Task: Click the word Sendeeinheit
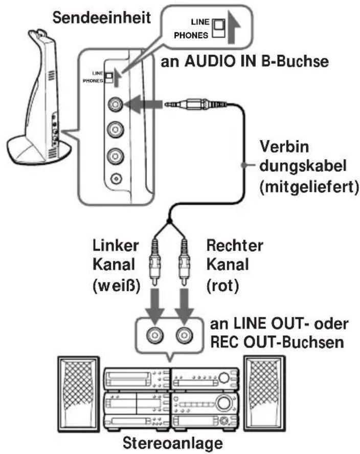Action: [x=101, y=18]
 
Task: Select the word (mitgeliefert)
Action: [x=309, y=187]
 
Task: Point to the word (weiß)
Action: [x=117, y=286]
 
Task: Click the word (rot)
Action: [x=222, y=286]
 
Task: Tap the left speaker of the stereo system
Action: [x=79, y=394]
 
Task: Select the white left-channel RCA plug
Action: [x=155, y=262]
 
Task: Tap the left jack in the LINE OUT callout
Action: [x=155, y=335]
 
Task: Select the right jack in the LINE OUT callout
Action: [x=184, y=335]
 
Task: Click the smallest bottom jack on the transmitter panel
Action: [x=116, y=178]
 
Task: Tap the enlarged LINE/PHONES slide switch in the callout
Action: [x=219, y=28]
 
